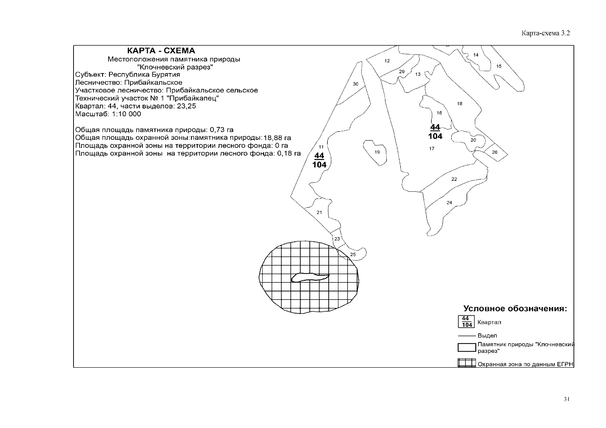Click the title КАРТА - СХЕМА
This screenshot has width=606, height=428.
click(x=161, y=51)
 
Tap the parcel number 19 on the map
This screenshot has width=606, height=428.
click(x=377, y=152)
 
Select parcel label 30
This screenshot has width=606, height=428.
click(x=355, y=84)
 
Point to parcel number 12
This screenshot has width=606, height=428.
click(x=387, y=61)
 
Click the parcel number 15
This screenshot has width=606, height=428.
click(x=499, y=66)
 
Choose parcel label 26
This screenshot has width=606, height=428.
click(x=495, y=152)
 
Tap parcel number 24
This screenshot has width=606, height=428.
click(x=449, y=203)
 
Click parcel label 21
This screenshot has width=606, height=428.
click(x=319, y=213)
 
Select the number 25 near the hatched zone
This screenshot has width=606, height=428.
click(x=353, y=255)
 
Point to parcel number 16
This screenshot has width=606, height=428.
click(x=439, y=113)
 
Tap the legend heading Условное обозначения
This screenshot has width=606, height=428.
click(x=515, y=309)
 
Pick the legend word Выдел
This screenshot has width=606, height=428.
click(x=487, y=336)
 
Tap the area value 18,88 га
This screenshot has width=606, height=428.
click(x=277, y=138)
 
